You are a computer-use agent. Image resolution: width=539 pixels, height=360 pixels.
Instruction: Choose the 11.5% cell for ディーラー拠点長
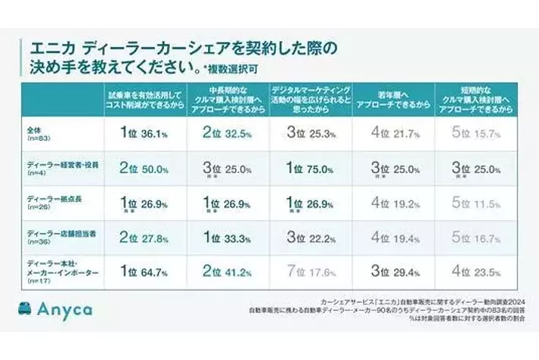(x=479, y=203)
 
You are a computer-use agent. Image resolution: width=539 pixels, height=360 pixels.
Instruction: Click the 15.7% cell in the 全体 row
(x=479, y=134)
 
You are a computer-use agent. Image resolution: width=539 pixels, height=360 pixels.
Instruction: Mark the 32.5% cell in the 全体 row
(x=227, y=134)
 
